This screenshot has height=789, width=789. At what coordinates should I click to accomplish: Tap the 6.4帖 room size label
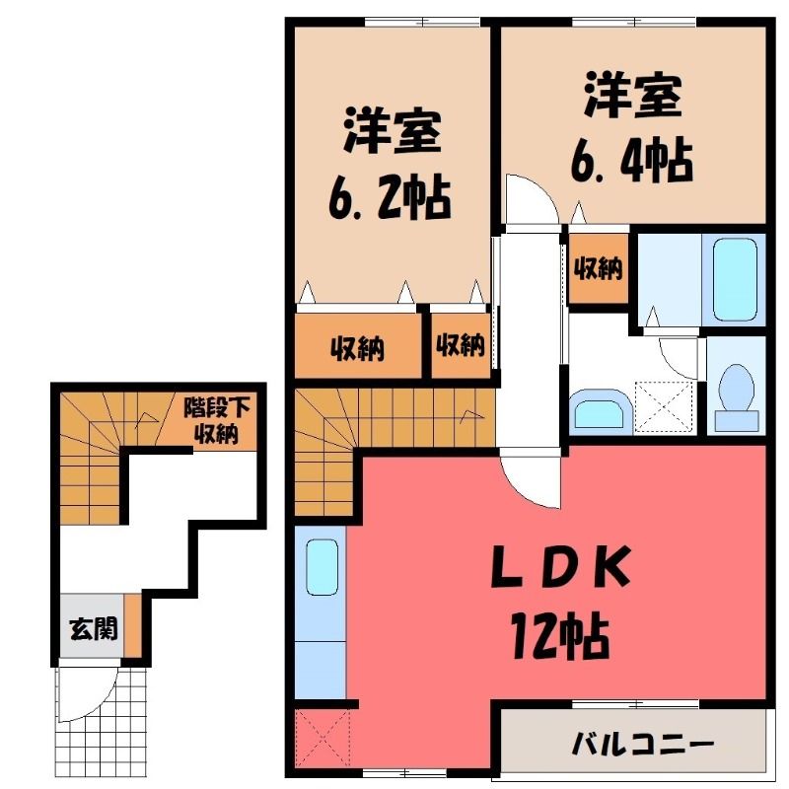[632, 160]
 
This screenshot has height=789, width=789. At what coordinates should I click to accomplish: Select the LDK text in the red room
[561, 567]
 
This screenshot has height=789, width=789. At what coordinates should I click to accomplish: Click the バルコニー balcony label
[643, 744]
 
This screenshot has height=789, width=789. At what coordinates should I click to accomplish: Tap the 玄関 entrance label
[94, 628]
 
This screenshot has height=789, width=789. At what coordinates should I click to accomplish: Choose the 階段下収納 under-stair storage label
[216, 420]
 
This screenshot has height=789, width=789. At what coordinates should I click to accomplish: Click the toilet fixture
[737, 397]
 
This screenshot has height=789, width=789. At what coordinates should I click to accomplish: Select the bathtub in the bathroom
[734, 279]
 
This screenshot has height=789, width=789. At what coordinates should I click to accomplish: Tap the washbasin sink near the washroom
[600, 411]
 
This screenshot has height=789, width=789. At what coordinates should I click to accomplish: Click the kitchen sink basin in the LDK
[322, 567]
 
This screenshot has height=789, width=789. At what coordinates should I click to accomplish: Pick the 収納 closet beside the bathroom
[599, 268]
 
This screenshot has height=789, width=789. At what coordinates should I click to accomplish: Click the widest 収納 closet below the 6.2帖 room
[358, 346]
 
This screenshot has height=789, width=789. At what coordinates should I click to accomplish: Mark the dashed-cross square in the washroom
[665, 407]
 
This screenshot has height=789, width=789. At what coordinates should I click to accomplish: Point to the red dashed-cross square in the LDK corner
[323, 738]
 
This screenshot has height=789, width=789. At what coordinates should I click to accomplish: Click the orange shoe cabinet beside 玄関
[133, 625]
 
